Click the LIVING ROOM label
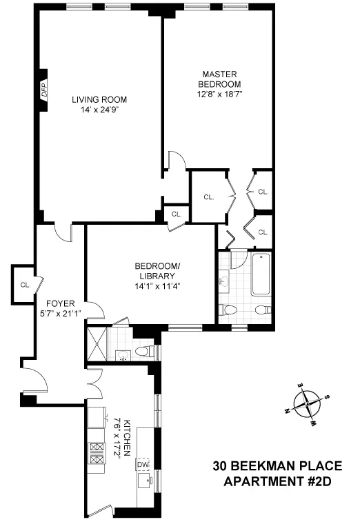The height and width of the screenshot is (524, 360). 99,99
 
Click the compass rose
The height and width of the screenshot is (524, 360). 306,403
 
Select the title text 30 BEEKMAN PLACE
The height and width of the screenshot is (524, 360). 271,467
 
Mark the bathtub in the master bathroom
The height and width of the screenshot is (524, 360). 259,275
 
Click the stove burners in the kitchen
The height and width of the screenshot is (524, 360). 94,450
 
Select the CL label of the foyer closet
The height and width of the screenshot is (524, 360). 25,284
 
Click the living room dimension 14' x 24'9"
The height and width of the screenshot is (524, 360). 99,109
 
